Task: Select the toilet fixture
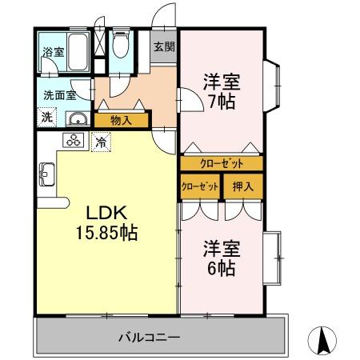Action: (121, 46)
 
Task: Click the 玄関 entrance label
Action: (164, 46)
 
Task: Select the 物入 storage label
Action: (121, 121)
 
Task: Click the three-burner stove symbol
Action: (75, 142)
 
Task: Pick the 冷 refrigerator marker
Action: (102, 142)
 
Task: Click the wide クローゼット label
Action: (221, 163)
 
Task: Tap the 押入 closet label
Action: (243, 187)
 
